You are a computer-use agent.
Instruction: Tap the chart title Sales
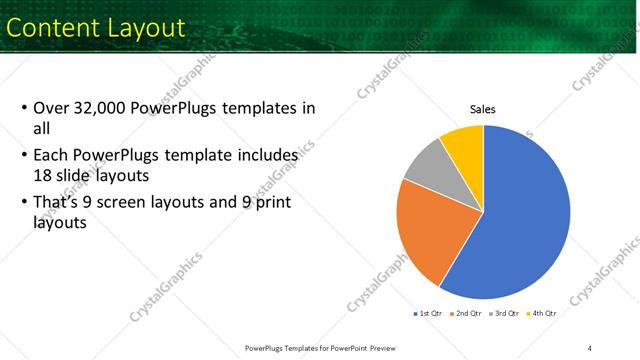(483, 110)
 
